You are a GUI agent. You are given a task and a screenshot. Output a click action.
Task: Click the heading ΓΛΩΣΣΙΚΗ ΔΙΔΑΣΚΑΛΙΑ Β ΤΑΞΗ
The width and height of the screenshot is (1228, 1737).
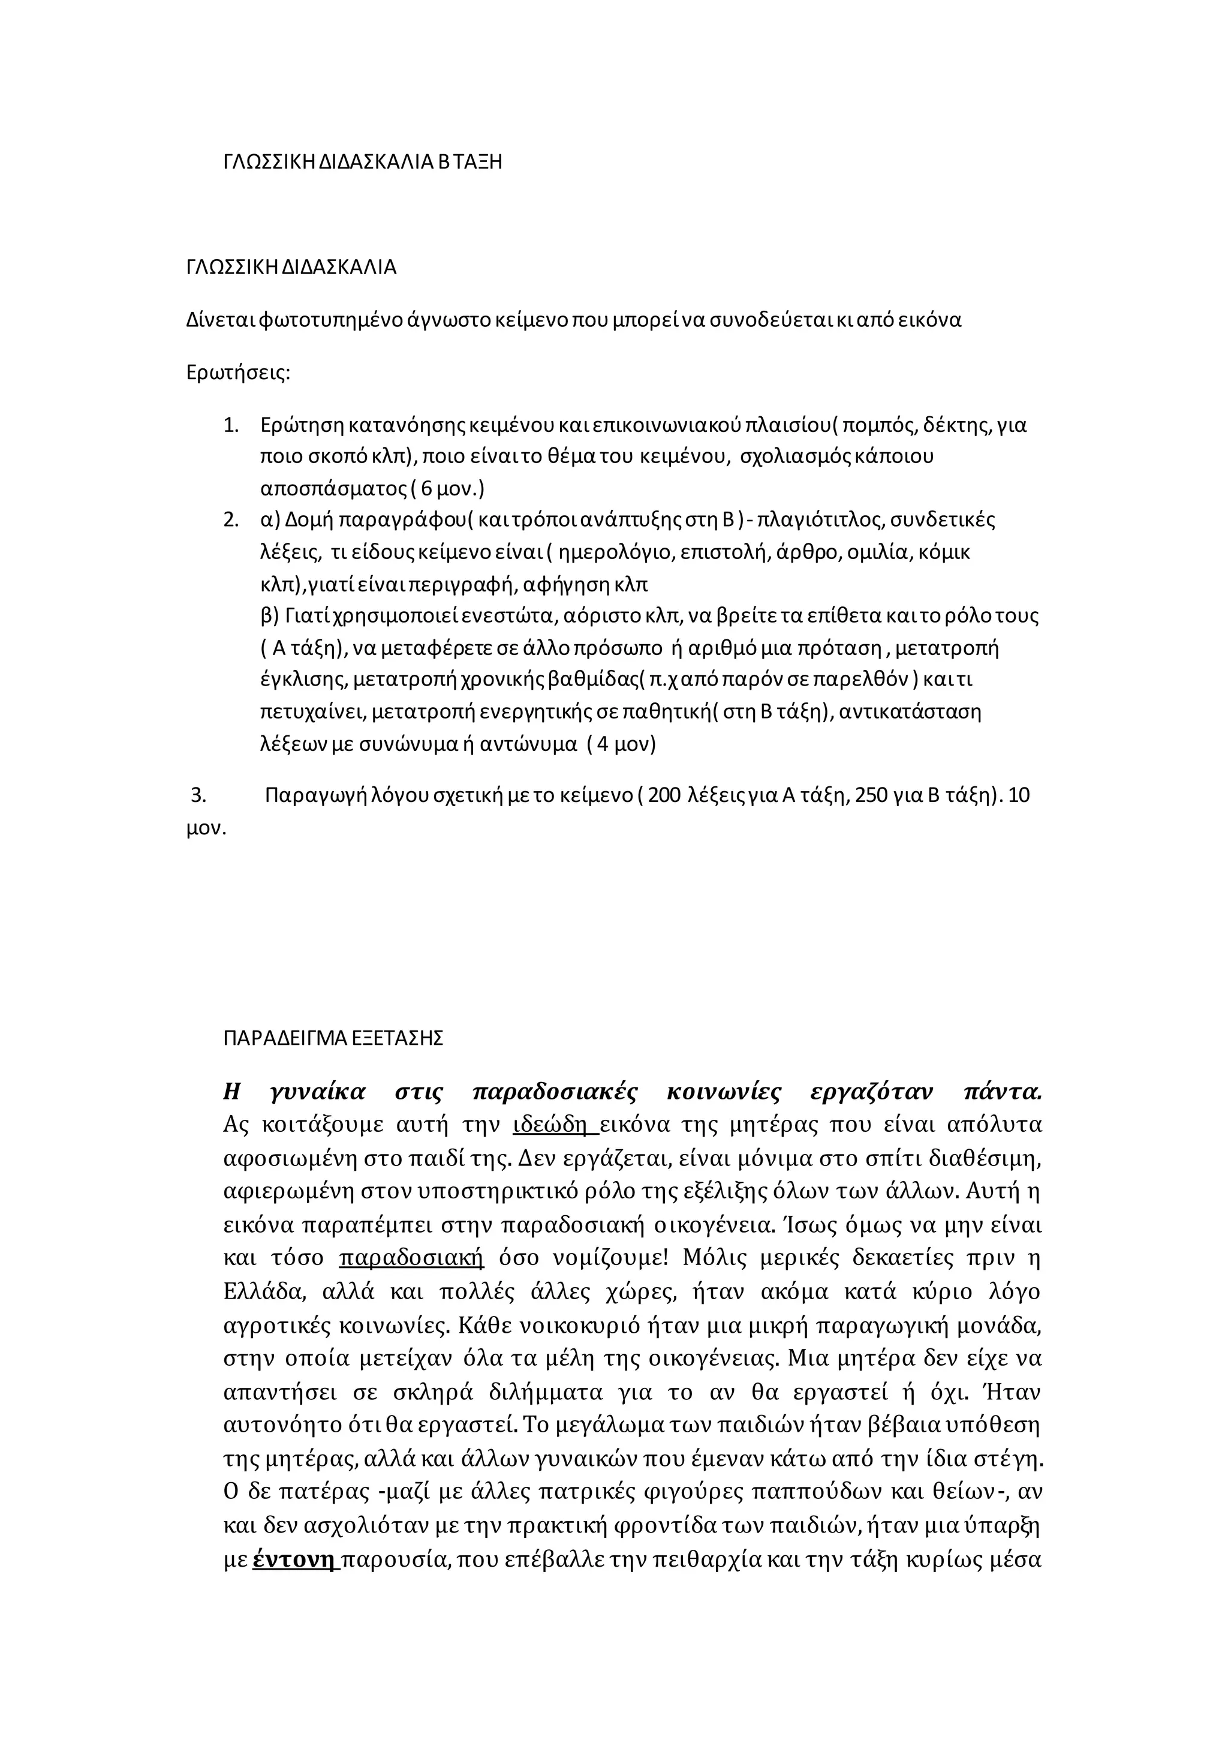(362, 162)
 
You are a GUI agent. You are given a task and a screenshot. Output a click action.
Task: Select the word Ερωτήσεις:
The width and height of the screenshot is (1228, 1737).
(238, 373)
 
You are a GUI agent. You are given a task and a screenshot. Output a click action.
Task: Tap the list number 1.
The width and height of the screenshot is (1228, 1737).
(231, 425)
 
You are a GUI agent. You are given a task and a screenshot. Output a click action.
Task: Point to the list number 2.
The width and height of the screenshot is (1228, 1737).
(231, 521)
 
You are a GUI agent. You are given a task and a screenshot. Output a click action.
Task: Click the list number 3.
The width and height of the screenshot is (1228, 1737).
(198, 795)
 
